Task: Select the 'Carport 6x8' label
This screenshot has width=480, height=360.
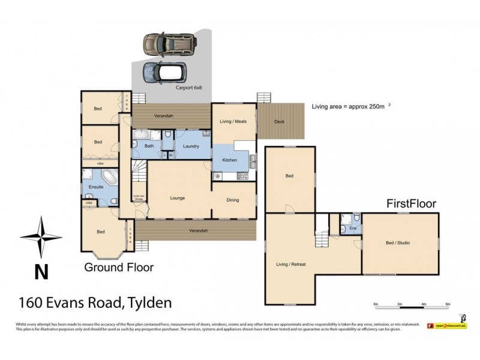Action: (188, 88)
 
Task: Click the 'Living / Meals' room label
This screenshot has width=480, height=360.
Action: (233, 122)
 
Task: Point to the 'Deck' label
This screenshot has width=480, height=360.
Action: (279, 122)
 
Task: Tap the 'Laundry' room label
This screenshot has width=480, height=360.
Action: (191, 146)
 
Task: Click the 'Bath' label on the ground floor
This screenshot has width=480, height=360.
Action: (149, 146)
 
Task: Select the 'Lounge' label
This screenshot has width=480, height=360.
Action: (177, 198)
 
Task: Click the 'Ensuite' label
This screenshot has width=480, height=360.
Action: (95, 187)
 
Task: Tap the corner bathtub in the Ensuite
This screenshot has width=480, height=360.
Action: (110, 178)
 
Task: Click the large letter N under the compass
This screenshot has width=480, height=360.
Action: (41, 272)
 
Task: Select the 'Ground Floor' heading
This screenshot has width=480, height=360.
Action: (118, 267)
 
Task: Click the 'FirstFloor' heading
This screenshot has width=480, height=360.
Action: (410, 204)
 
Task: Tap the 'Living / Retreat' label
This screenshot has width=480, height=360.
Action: (290, 263)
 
